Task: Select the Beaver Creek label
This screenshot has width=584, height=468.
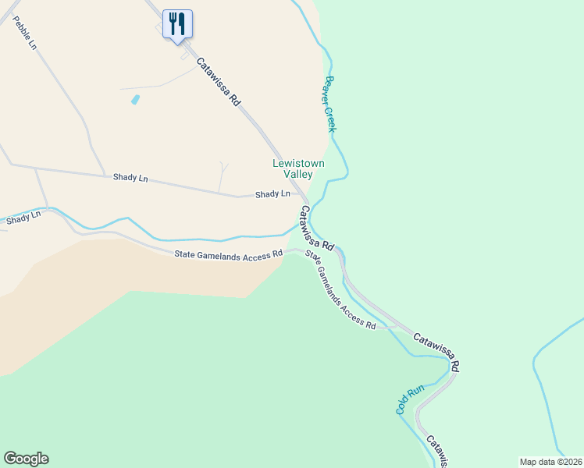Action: point(330,103)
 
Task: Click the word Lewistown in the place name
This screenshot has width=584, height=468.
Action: point(297,164)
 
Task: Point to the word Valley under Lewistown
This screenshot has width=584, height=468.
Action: point(297,175)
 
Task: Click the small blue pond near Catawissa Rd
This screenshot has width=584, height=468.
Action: point(135,100)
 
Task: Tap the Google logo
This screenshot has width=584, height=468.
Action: point(26,459)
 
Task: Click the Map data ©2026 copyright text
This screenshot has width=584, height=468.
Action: point(550,461)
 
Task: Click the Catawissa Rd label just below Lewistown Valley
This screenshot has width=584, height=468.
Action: point(317,228)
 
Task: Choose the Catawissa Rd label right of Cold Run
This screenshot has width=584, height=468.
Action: point(437,353)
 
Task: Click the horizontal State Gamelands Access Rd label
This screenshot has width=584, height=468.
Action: point(228,254)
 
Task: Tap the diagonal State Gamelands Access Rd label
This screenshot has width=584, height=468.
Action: point(340,289)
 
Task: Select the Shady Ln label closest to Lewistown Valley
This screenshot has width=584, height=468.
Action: point(273,193)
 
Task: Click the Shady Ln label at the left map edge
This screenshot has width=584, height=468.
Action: point(23,218)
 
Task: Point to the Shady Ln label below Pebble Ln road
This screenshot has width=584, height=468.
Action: point(130,178)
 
